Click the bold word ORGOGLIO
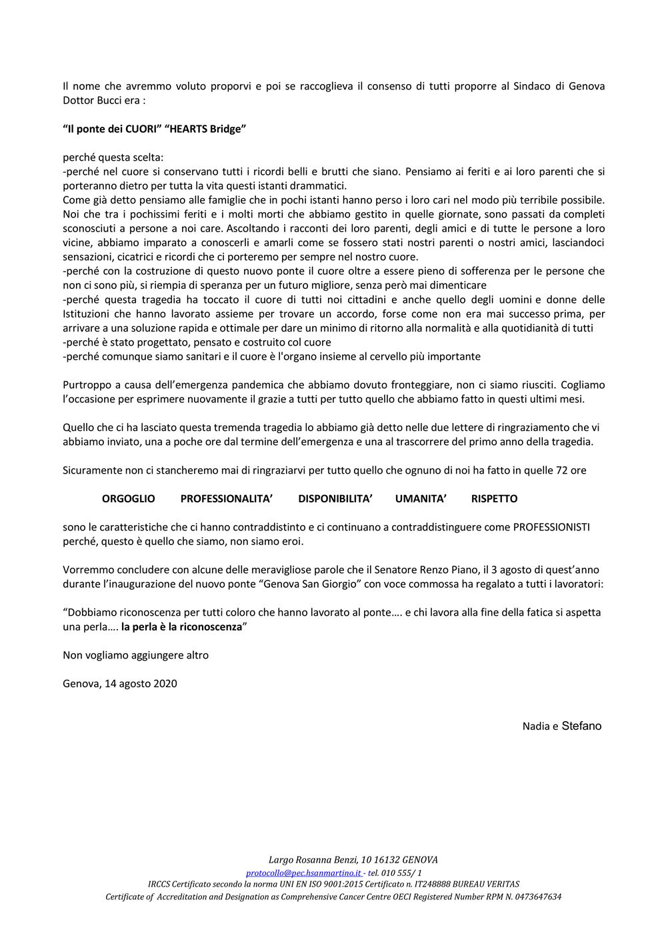128,498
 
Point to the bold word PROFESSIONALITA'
227,498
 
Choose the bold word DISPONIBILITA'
335,498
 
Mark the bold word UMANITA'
421,498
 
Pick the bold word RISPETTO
494,498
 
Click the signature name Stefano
581,726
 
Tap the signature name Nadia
536,727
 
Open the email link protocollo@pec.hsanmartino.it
303,873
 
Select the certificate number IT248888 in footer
433,884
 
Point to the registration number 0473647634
533,897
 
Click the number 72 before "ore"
562,470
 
